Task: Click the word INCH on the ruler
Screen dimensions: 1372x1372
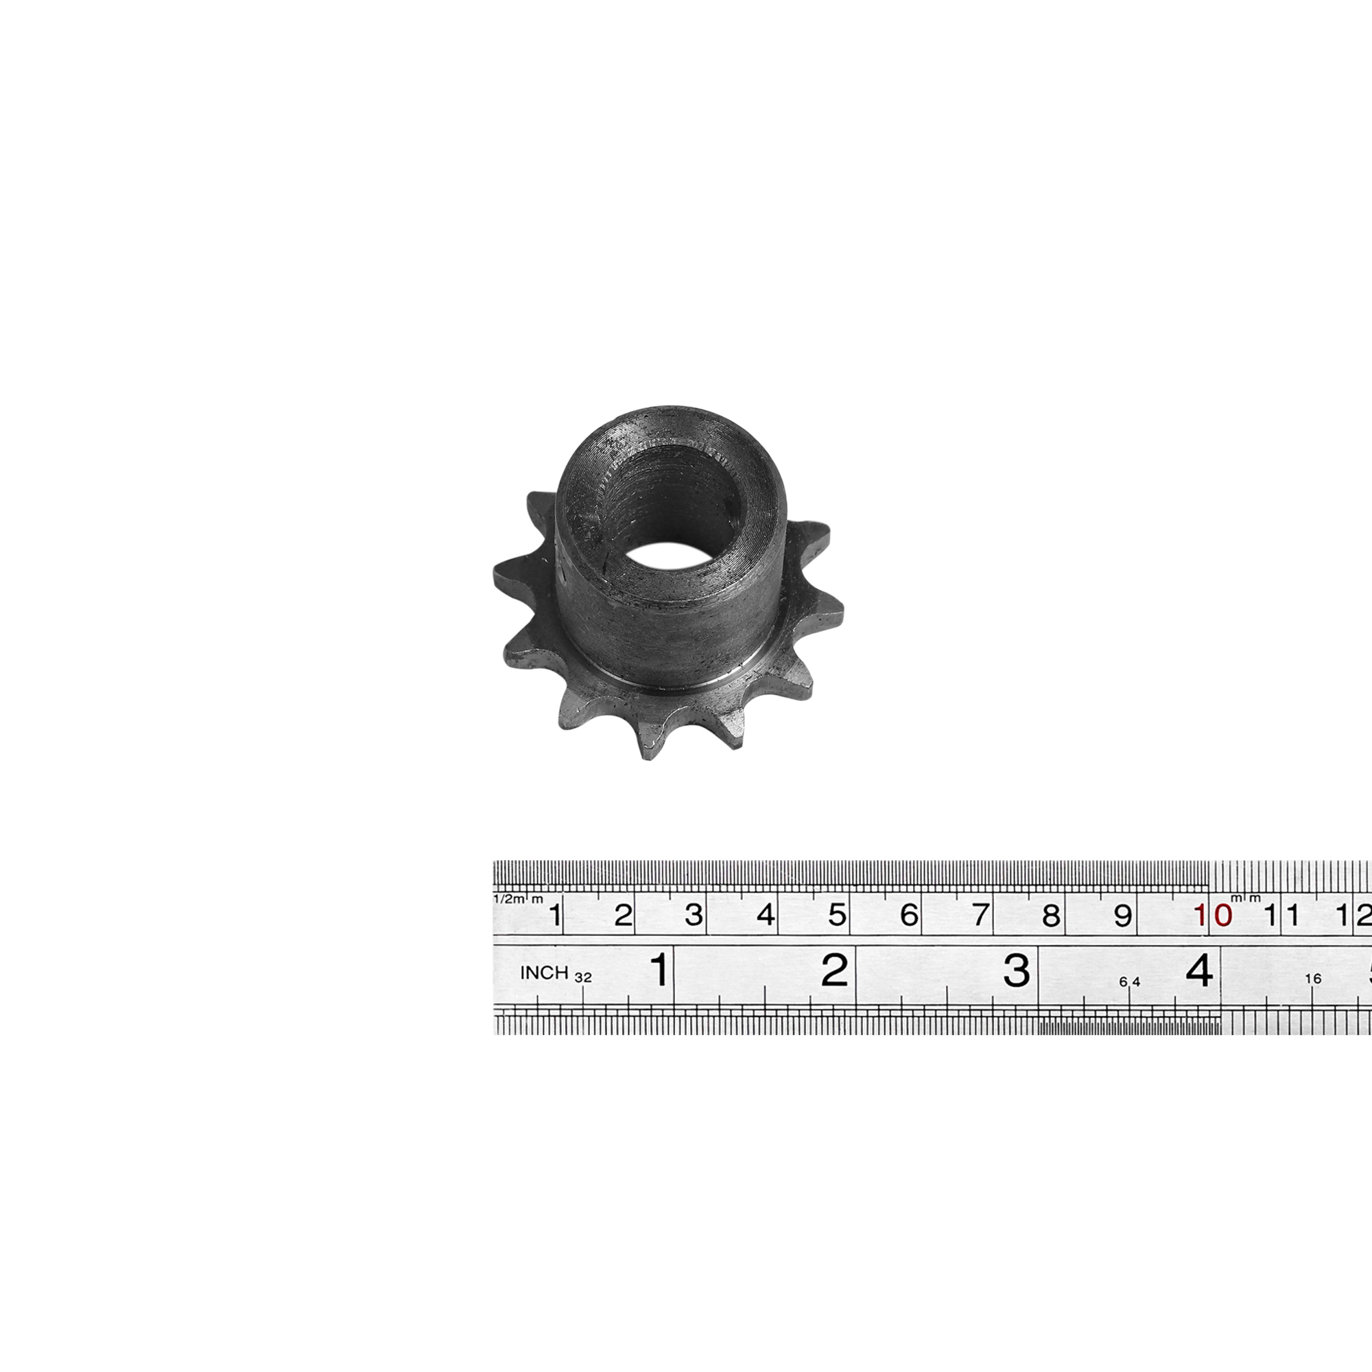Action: click(544, 973)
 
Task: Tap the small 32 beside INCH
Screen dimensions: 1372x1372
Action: click(583, 978)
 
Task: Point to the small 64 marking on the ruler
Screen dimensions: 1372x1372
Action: click(1129, 982)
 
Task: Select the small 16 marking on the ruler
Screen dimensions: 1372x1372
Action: click(1313, 979)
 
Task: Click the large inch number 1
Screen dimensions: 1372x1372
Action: click(660, 969)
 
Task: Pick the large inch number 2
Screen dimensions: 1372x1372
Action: click(834, 969)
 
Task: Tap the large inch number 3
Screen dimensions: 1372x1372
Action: click(1016, 969)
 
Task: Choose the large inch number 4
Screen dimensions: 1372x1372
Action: click(1199, 969)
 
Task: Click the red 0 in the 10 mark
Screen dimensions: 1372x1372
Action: click(1223, 915)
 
